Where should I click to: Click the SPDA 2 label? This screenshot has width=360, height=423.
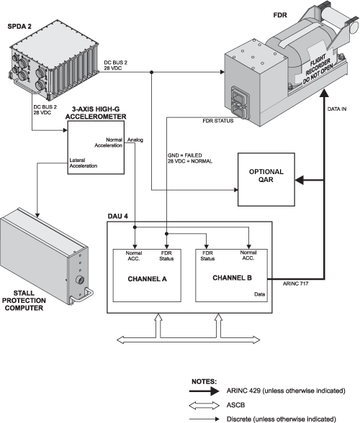tap(19, 26)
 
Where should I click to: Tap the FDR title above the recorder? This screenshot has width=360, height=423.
tap(280, 15)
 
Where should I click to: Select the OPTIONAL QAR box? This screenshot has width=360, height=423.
tap(266, 179)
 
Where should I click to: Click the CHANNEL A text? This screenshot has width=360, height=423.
tap(147, 279)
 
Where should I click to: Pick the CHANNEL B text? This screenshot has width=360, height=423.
tap(232, 278)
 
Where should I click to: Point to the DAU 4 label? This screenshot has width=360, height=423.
tap(118, 217)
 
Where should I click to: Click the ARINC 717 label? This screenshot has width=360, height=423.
tap(295, 283)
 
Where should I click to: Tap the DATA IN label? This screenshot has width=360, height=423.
tap(337, 109)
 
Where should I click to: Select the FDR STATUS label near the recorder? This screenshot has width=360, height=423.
tap(218, 121)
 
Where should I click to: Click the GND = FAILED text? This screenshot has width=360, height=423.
tap(185, 155)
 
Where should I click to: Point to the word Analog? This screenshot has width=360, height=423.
tap(135, 140)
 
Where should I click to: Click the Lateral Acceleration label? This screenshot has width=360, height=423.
tap(84, 163)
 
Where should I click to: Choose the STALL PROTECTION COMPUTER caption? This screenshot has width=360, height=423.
tap(24, 301)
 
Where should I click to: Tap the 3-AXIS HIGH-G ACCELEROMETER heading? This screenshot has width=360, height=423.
tap(96, 113)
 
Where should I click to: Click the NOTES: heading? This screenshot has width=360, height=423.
tap(204, 382)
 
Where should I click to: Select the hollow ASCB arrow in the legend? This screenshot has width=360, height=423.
tap(204, 405)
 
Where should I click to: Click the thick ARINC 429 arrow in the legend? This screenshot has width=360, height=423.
tap(204, 391)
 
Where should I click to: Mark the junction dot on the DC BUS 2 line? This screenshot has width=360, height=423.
tap(151, 72)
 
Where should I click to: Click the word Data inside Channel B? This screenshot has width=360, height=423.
tap(259, 294)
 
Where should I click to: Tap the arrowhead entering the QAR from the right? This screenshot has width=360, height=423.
tap(300, 180)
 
